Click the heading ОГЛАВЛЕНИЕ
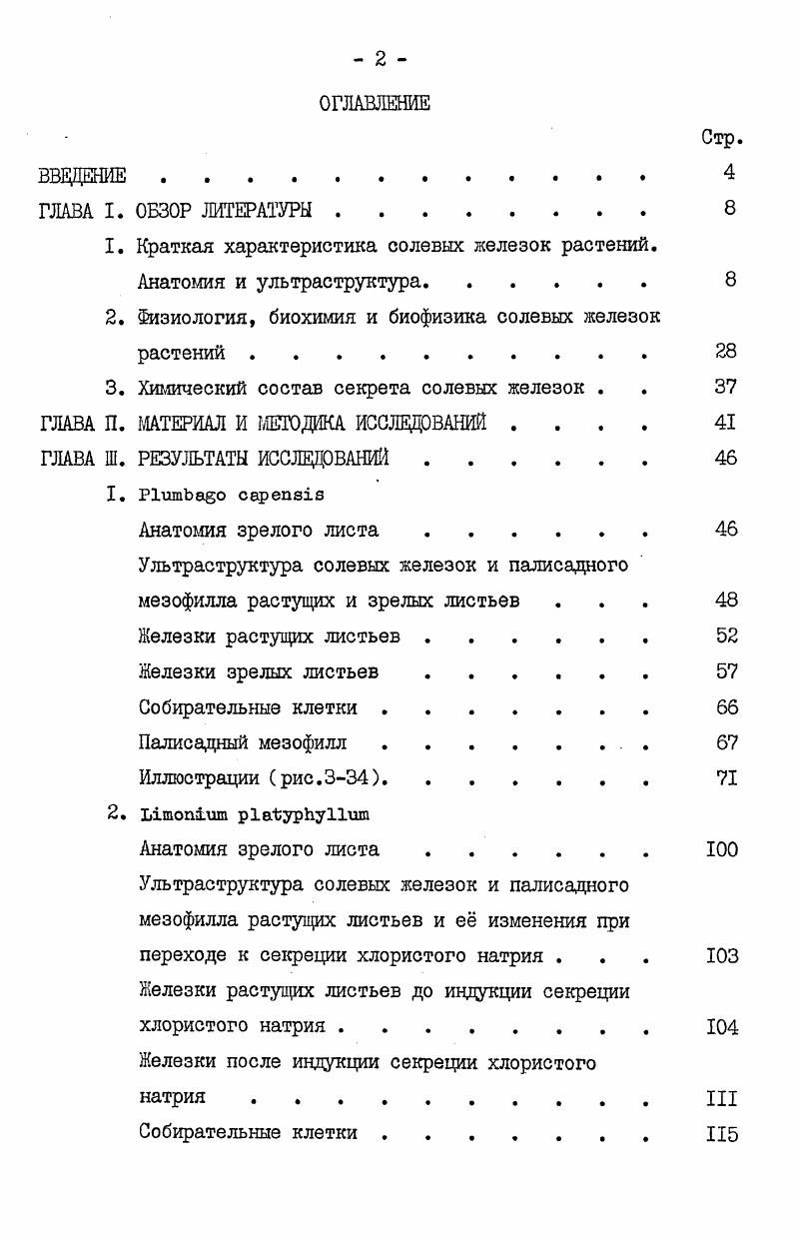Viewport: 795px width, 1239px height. coord(375,103)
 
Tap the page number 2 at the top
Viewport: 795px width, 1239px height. coord(381,59)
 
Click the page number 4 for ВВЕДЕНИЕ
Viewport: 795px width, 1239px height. coord(729,173)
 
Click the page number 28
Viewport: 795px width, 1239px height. coord(726,351)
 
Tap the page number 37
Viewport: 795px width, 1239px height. coord(726,387)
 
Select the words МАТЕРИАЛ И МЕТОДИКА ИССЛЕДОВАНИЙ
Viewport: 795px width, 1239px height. coord(312,423)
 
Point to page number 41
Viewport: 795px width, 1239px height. coord(726,423)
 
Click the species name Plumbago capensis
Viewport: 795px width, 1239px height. coord(232,494)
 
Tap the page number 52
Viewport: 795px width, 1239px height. coord(726,635)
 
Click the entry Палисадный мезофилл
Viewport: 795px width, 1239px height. coord(244,743)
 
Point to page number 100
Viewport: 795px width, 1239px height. coord(721,850)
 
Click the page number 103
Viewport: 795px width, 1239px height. coord(721,956)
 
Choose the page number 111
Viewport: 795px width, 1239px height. coord(721,1098)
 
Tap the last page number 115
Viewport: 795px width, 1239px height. coord(721,1134)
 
